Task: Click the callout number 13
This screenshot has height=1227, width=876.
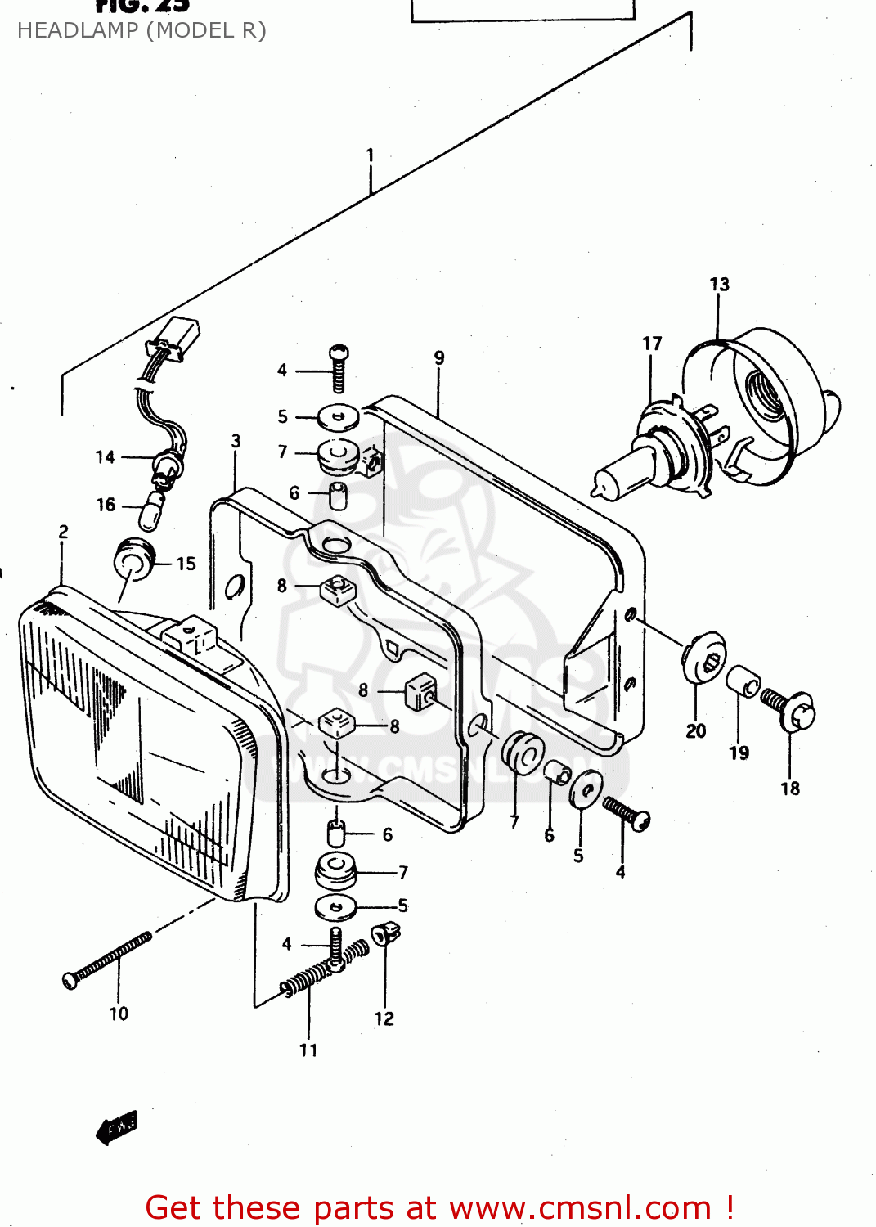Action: tap(719, 284)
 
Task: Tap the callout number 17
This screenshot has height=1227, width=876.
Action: tap(651, 344)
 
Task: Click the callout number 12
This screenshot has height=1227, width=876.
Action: tap(384, 1018)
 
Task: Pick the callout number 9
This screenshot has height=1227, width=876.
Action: tap(439, 357)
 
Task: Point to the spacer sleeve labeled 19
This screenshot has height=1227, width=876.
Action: tap(743, 681)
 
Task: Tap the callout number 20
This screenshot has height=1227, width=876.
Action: tap(695, 730)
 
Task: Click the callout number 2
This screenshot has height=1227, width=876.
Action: tap(63, 532)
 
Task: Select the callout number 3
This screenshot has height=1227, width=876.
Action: tap(236, 442)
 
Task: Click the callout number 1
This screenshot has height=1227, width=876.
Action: tap(370, 155)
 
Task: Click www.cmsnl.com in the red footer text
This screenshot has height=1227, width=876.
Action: tap(580, 1208)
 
